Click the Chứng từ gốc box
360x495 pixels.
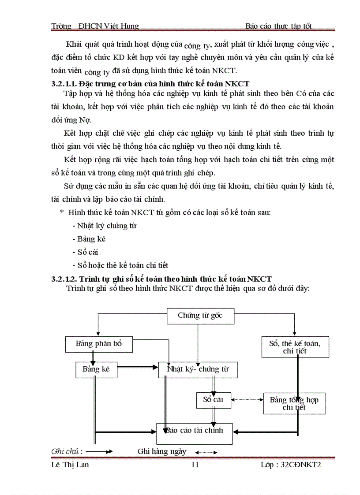pyautogui.click(x=200, y=316)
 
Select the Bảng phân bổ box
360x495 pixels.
pyautogui.click(x=99, y=344)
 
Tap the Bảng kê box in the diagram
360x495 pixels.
pyautogui.click(x=96, y=369)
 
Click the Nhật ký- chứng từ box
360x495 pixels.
pyautogui.click(x=198, y=369)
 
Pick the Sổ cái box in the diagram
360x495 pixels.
pyautogui.click(x=213, y=400)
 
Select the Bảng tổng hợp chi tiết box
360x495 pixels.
pyautogui.click(x=294, y=403)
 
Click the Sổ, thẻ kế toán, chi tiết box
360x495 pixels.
pyautogui.click(x=294, y=346)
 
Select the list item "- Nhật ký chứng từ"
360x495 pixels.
pyautogui.click(x=105, y=226)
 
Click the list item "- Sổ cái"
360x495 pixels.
pyautogui.click(x=85, y=252)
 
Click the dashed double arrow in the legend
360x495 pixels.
pyautogui.click(x=206, y=452)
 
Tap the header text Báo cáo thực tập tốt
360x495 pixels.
pyautogui.click(x=279, y=26)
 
